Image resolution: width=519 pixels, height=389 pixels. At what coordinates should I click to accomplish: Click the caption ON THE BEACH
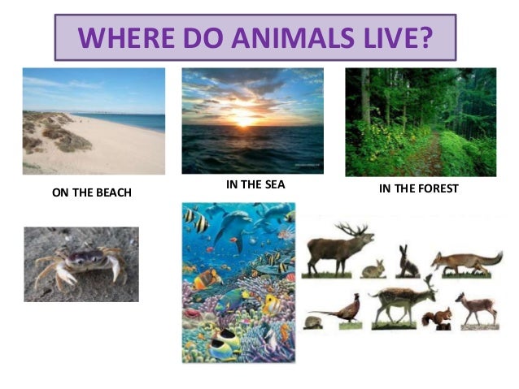(91, 192)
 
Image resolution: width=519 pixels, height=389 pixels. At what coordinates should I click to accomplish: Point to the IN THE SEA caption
(255, 184)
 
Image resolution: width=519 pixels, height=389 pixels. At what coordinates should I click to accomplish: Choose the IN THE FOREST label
(419, 188)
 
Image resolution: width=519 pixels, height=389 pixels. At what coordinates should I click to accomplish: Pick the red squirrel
(443, 317)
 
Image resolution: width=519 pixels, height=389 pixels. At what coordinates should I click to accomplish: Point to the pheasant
(334, 311)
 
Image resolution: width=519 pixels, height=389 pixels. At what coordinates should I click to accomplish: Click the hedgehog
(312, 322)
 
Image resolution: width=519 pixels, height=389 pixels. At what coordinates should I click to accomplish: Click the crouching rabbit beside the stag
(373, 268)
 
